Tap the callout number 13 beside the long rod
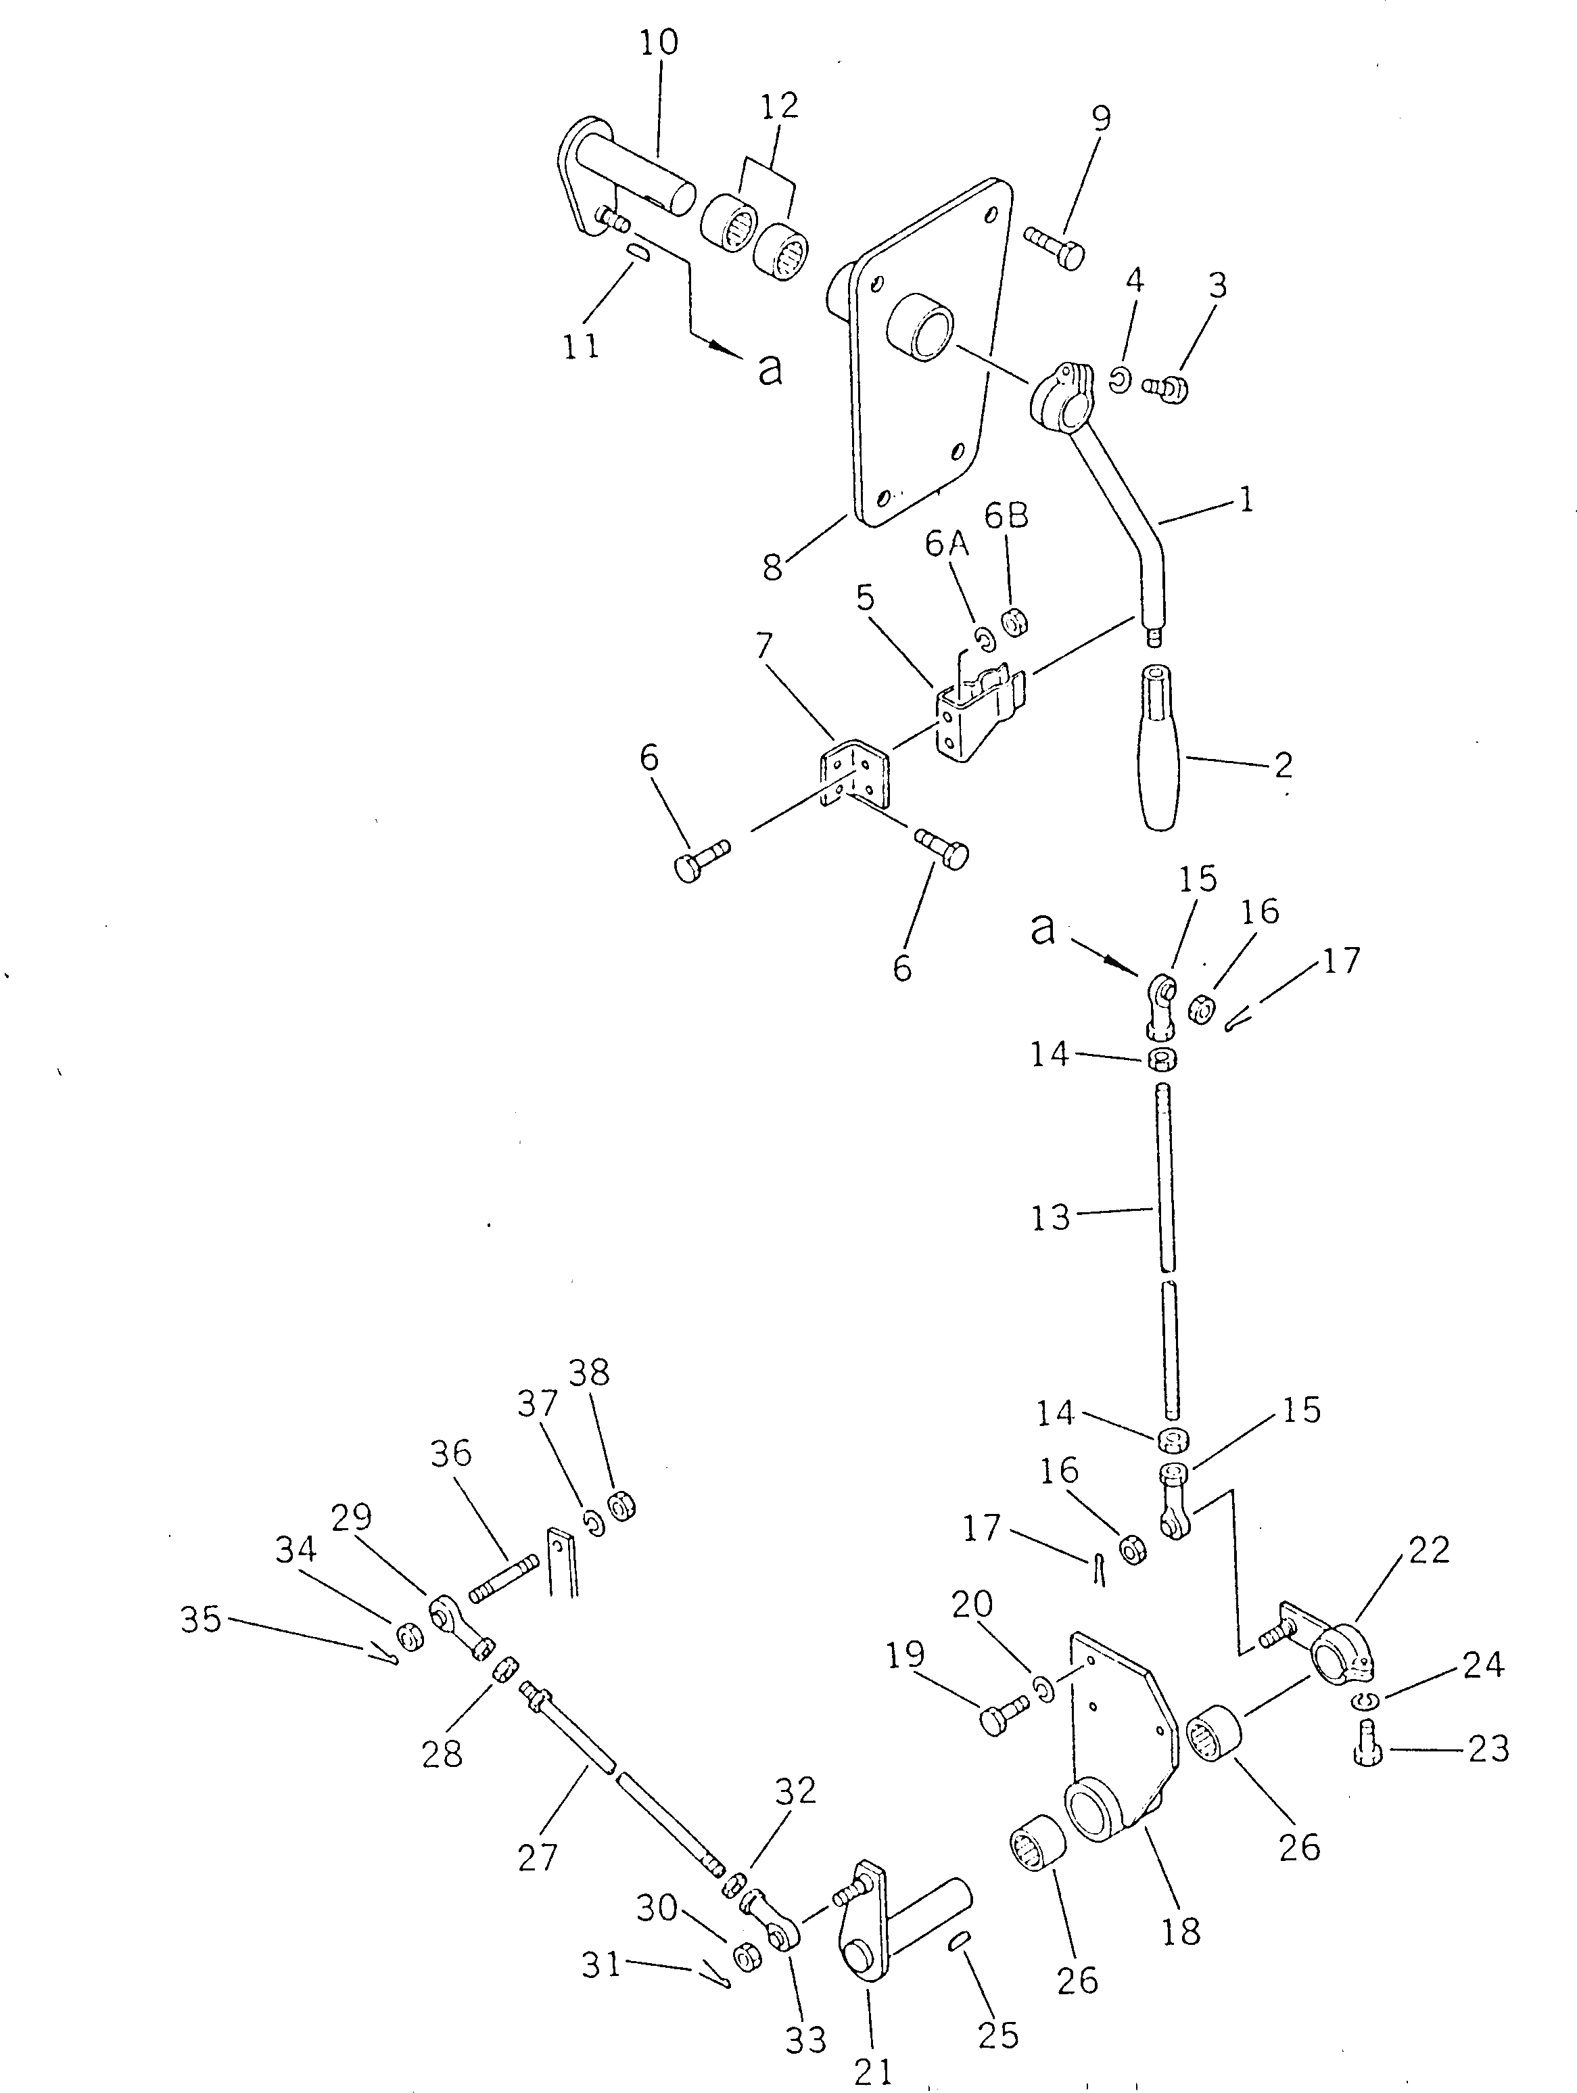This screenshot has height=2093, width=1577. pos(1050,1218)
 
